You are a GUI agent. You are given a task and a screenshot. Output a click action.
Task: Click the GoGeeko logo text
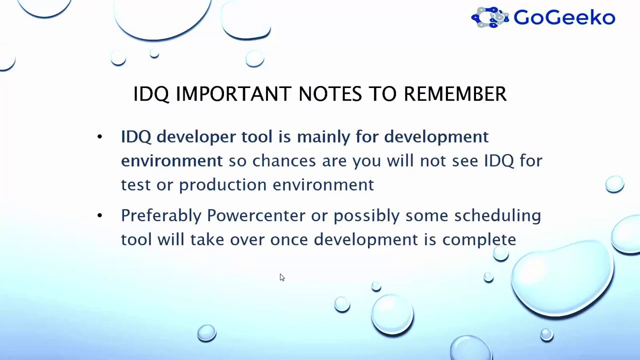564,17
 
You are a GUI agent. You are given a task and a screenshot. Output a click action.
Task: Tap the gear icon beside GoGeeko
490,17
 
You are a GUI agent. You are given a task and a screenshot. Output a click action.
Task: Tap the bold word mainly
323,137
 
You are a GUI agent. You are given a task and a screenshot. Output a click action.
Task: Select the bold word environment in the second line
171,161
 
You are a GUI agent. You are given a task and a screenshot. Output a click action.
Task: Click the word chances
284,160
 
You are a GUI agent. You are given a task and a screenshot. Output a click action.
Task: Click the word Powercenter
256,215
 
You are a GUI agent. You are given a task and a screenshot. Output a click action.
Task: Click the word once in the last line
289,240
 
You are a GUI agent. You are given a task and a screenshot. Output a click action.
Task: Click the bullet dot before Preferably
99,215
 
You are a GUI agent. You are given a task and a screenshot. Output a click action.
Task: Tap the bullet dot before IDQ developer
99,137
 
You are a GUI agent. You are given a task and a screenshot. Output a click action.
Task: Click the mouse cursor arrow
282,277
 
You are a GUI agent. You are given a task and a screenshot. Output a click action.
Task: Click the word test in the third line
135,185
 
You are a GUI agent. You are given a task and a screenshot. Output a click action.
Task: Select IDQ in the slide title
151,94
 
